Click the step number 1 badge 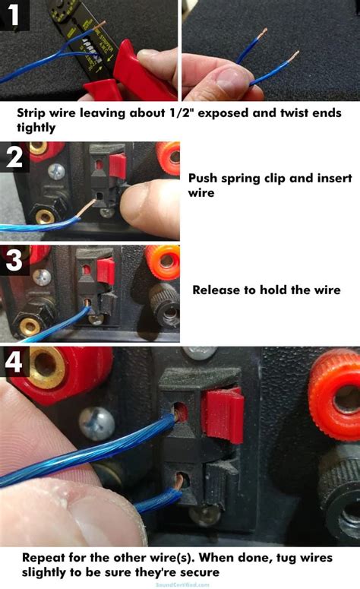click(14, 14)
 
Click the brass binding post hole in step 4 click(47, 371)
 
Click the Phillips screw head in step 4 click(97, 422)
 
